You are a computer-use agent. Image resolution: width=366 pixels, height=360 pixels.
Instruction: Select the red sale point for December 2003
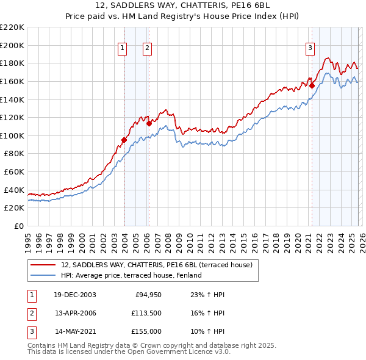(124, 140)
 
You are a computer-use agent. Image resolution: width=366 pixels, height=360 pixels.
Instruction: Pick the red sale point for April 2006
(149, 123)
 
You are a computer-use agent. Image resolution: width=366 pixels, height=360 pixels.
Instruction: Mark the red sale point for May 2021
(312, 85)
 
